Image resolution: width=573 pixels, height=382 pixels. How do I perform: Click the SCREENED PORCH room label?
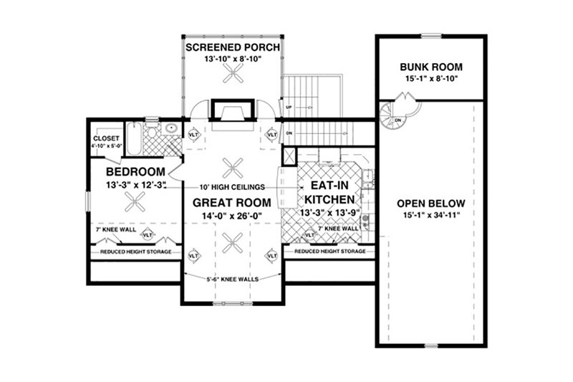[x=232, y=47]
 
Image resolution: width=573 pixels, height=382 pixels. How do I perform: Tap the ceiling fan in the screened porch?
[x=232, y=74]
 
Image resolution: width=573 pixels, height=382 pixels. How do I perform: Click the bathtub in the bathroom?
[x=135, y=135]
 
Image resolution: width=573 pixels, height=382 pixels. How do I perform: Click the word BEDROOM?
[x=133, y=173]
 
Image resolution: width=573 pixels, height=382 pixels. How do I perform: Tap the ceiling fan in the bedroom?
[x=134, y=204]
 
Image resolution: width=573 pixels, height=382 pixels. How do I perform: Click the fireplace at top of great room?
[x=231, y=113]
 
